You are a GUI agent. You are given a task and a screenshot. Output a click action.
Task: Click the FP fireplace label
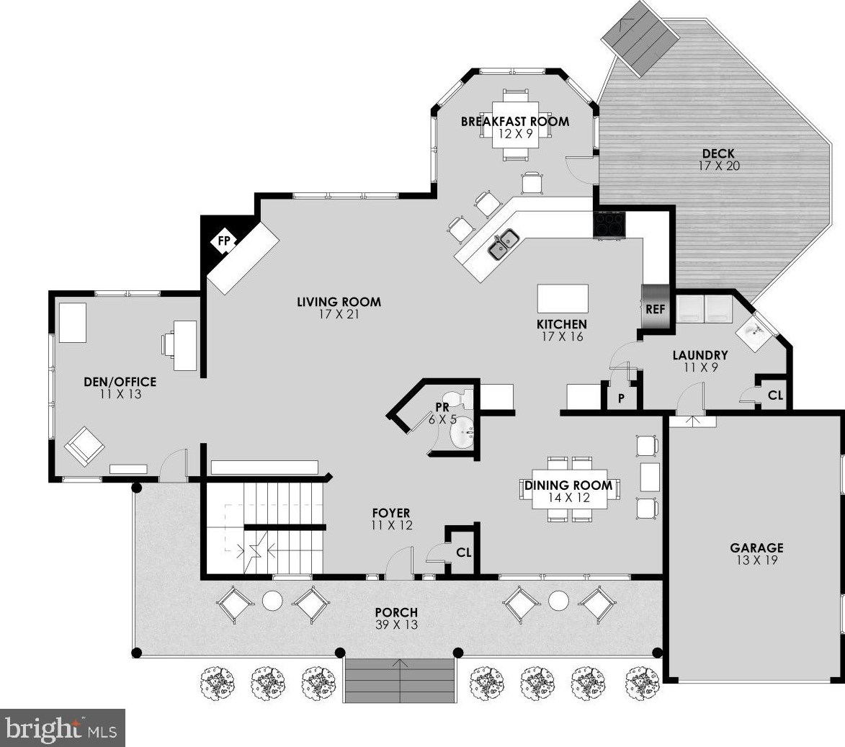tap(223, 241)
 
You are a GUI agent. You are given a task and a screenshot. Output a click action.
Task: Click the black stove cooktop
tap(609, 224)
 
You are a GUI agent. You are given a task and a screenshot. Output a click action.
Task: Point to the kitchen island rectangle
tap(563, 299)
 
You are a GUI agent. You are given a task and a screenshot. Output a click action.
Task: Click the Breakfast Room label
tap(514, 121)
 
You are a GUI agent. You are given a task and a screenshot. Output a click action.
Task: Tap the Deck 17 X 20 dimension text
tap(719, 166)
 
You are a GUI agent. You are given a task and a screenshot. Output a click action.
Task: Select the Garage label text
tap(756, 548)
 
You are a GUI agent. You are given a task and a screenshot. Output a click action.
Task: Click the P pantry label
tap(622, 398)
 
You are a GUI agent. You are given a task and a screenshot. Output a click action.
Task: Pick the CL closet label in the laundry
tap(775, 395)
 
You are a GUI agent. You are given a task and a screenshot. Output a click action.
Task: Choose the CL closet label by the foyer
tap(463, 553)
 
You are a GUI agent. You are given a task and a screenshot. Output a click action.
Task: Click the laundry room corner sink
tap(754, 331)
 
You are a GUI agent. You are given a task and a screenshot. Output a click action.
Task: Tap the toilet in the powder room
tap(462, 398)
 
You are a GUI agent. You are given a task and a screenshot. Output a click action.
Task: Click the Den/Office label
tap(120, 382)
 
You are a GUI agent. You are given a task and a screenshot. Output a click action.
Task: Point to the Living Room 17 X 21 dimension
tap(339, 314)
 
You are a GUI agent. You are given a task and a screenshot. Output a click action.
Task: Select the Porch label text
tap(396, 613)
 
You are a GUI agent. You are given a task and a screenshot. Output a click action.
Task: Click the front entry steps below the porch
tap(399, 680)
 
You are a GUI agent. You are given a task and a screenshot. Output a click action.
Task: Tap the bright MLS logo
tap(63, 728)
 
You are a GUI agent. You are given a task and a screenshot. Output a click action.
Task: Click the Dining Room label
tap(568, 486)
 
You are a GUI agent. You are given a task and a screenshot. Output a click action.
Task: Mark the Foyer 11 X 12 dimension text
tap(392, 525)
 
